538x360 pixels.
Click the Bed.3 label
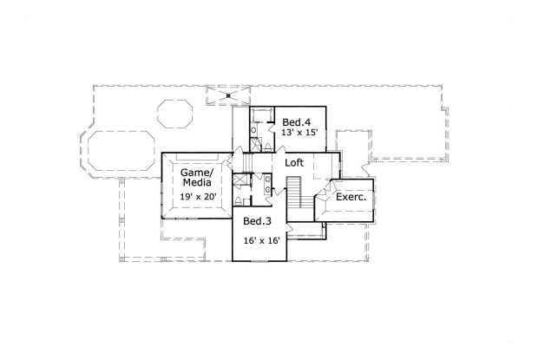pos(258,221)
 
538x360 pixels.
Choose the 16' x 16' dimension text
pos(261,240)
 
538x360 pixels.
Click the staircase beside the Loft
pos(293,192)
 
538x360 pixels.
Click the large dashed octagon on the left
pos(118,153)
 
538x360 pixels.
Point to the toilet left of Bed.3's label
pos(243,206)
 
